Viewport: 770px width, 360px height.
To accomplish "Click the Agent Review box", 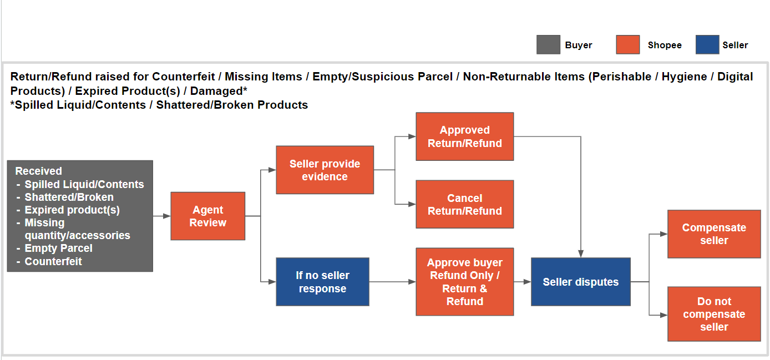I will click(208, 216).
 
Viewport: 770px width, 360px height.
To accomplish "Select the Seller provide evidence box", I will click(325, 170).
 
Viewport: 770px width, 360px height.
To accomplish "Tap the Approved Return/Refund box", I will click(465, 136).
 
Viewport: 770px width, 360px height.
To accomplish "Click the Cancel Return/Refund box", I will click(465, 204).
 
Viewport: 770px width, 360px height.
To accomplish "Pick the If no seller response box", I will click(322, 282).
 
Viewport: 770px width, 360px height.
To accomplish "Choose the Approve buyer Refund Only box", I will click(465, 282).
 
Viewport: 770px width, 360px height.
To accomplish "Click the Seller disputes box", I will click(580, 282).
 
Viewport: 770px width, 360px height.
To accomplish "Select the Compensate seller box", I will click(714, 234).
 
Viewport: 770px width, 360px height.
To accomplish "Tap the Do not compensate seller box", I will click(714, 314).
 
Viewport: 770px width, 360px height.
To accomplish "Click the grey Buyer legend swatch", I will click(548, 45).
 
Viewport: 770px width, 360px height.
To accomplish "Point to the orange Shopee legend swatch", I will click(627, 45).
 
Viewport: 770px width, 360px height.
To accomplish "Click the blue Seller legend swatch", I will click(707, 45).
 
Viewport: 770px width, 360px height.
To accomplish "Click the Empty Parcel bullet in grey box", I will click(58, 248).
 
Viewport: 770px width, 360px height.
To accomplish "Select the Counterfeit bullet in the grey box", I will click(53, 261).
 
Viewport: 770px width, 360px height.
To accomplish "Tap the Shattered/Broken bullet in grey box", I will click(69, 197).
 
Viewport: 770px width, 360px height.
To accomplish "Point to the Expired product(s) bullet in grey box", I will click(72, 210).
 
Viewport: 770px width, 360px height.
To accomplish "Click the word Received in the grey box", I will click(38, 171).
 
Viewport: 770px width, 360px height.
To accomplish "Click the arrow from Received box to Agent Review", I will click(161, 216).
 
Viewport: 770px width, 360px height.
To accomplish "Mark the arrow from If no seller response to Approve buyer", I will click(392, 282).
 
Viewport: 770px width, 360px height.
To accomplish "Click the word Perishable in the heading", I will click(623, 77).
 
